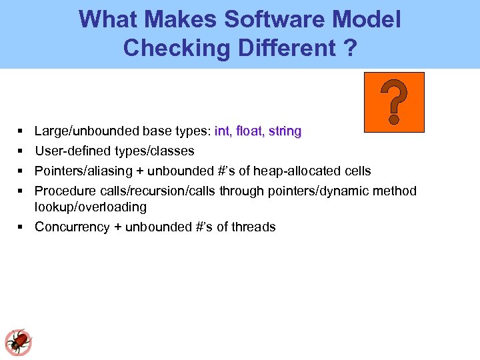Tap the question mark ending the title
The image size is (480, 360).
point(349,48)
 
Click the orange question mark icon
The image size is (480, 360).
point(394,102)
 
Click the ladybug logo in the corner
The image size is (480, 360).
point(18,342)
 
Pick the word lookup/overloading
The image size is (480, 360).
point(91,207)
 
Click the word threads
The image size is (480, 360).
point(253,227)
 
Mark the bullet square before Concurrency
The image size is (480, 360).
point(22,227)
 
